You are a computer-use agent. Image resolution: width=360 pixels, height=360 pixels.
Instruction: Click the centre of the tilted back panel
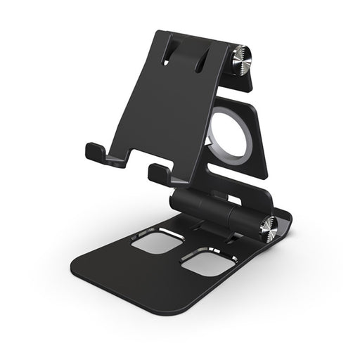coord(176,105)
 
